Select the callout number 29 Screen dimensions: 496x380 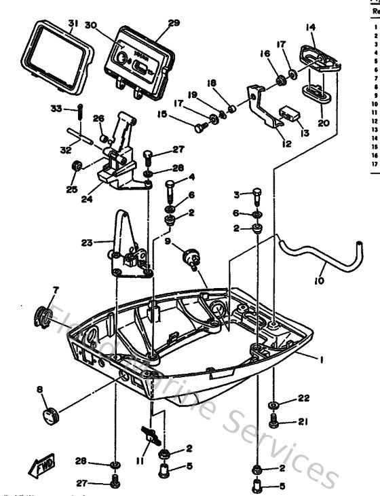point(174,22)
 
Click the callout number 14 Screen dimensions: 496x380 point(310,27)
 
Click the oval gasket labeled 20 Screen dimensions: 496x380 point(311,90)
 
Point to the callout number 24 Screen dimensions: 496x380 point(86,200)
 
